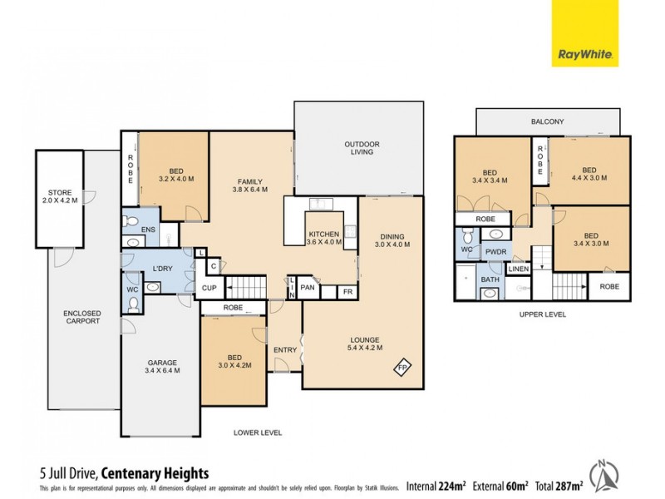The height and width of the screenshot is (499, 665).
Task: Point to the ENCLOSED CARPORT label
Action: tap(82, 316)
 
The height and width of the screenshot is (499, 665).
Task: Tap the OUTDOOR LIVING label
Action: tap(362, 148)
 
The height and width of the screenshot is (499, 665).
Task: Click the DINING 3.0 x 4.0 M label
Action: tap(390, 241)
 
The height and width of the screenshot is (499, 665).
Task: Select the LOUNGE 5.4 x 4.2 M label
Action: tap(364, 343)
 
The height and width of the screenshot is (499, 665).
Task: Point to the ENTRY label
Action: tap(285, 350)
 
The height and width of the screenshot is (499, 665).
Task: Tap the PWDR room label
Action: tap(496, 250)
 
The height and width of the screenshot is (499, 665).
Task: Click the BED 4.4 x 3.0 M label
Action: tap(589, 173)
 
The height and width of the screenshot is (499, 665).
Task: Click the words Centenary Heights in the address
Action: tap(160, 473)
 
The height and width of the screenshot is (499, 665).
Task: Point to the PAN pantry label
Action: tap(308, 289)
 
